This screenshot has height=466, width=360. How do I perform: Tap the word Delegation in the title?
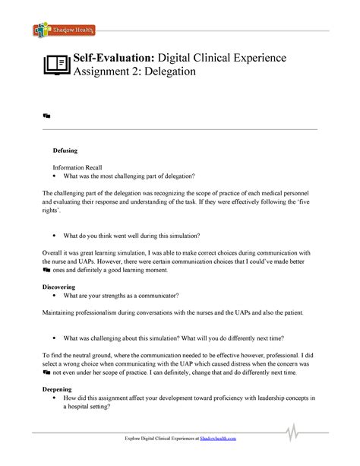pos(168,72)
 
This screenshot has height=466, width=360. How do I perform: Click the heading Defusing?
pos(66,151)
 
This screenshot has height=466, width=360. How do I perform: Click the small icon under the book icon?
pos(46,115)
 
